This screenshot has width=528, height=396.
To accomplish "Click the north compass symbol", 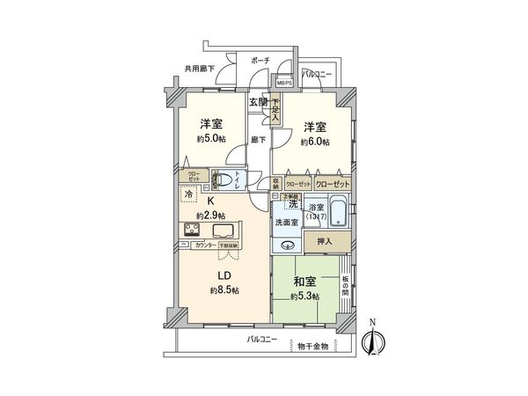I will tap(373, 341).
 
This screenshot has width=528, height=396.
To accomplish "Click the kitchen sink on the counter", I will tap(223, 232).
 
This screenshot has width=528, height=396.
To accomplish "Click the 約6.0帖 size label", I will tap(314, 142).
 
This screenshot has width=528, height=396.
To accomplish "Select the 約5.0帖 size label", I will tap(209, 138).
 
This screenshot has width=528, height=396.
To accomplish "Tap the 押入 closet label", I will tap(324, 240).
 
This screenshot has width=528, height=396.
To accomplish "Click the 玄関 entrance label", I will tap(258, 104).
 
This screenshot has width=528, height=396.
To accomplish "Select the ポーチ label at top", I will tap(260, 61).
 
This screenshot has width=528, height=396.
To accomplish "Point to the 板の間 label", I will tap(344, 285).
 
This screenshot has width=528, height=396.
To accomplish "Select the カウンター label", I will tap(206, 246).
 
